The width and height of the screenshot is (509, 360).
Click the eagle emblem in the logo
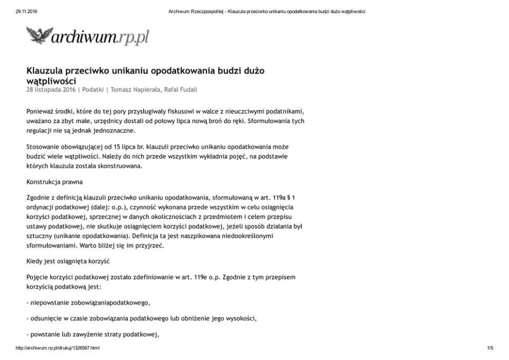[39, 35]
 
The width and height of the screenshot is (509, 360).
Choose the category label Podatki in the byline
[93, 89]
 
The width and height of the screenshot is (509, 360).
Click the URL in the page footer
[57, 348]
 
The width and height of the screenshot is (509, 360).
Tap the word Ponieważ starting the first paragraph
[41, 111]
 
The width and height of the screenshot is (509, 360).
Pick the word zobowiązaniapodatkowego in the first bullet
[109, 302]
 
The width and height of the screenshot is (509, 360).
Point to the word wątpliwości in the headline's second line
[51, 81]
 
